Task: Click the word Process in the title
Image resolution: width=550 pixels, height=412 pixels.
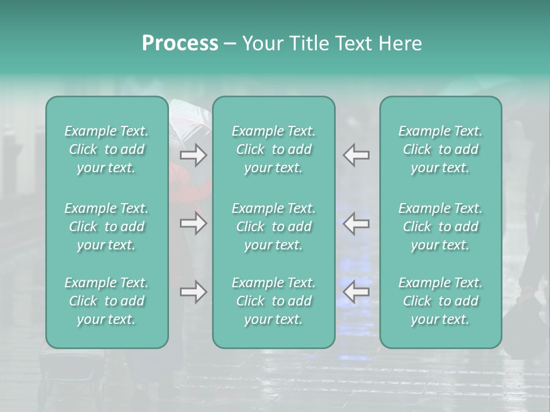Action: coord(180,43)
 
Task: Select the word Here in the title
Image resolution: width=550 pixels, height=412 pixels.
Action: coord(400,43)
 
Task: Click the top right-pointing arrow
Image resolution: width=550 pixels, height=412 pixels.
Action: coord(193,155)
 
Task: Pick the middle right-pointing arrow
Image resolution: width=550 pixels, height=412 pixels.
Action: coord(193,223)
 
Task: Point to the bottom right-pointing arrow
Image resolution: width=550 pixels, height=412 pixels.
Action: coord(193,292)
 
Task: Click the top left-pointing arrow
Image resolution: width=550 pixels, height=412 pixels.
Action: coord(356,155)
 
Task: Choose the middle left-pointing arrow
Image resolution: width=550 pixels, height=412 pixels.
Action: coord(356,223)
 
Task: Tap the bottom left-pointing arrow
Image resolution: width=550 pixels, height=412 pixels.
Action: coord(356,292)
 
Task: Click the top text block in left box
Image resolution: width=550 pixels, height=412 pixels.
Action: coord(107,149)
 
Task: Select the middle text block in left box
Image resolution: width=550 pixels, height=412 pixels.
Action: coord(107,227)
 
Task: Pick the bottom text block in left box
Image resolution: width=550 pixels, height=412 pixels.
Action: coord(107,301)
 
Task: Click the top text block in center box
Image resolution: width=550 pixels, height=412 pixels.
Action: coord(274,149)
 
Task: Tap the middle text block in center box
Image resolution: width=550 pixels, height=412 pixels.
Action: coord(274,227)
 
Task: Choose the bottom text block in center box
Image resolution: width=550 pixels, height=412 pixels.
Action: coord(274,301)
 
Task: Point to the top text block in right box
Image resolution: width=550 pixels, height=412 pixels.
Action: coord(441,149)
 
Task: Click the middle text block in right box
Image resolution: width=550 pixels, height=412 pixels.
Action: coord(441,227)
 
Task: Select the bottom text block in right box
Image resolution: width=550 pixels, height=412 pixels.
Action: coord(441,301)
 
